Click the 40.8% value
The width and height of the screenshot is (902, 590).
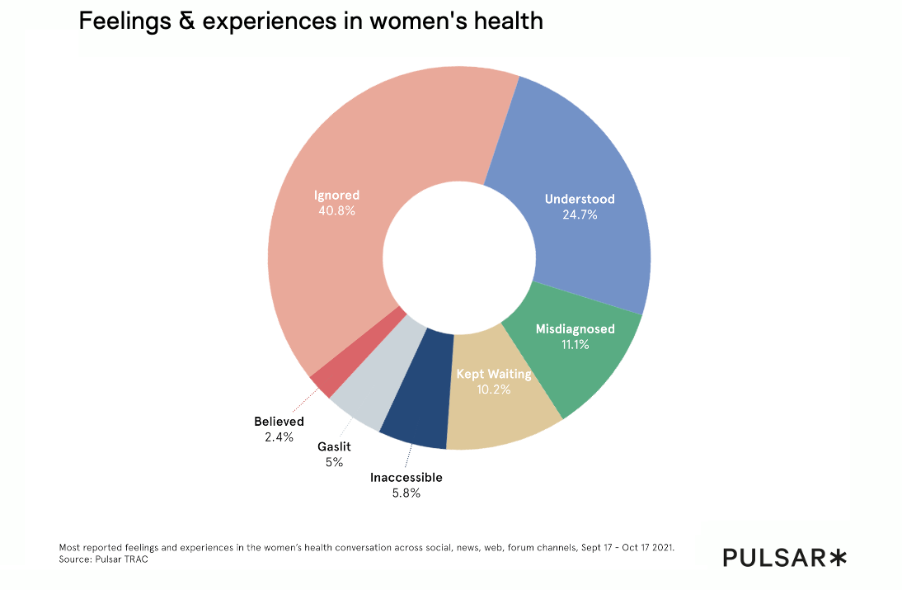pyautogui.click(x=336, y=210)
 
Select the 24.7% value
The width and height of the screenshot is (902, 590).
pyautogui.click(x=579, y=215)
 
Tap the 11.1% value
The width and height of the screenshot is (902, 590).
pyautogui.click(x=575, y=344)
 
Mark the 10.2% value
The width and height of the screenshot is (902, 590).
pyautogui.click(x=494, y=389)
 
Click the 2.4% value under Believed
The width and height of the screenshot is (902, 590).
pyautogui.click(x=279, y=437)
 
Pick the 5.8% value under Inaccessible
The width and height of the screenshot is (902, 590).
pyautogui.click(x=406, y=493)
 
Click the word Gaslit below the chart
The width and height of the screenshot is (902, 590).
pyautogui.click(x=334, y=446)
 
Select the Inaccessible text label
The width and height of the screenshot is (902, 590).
pyautogui.click(x=406, y=477)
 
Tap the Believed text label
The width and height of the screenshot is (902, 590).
pyautogui.click(x=279, y=422)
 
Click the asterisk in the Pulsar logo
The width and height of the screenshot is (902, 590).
pyautogui.click(x=837, y=558)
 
